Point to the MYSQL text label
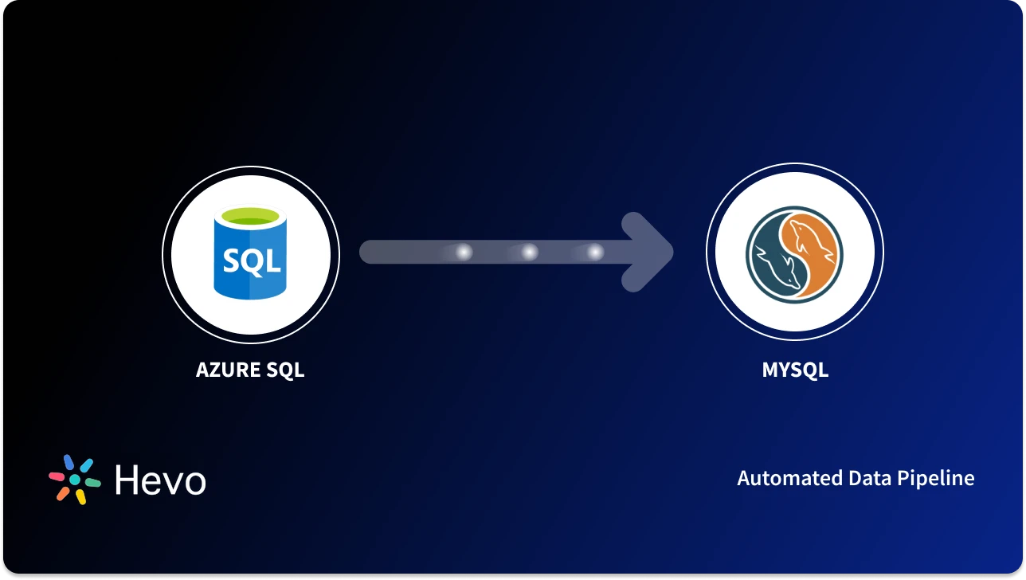coord(794,370)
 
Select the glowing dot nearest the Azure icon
coord(463,253)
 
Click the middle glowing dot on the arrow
coord(529,253)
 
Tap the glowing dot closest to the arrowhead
coord(595,253)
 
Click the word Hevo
coord(160,480)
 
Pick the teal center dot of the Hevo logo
coord(75,480)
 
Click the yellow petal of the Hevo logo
coord(80,497)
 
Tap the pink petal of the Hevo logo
coord(57,476)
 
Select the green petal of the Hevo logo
coord(92,483)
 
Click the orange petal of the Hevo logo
coord(63,493)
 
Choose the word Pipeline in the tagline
coord(935,478)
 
